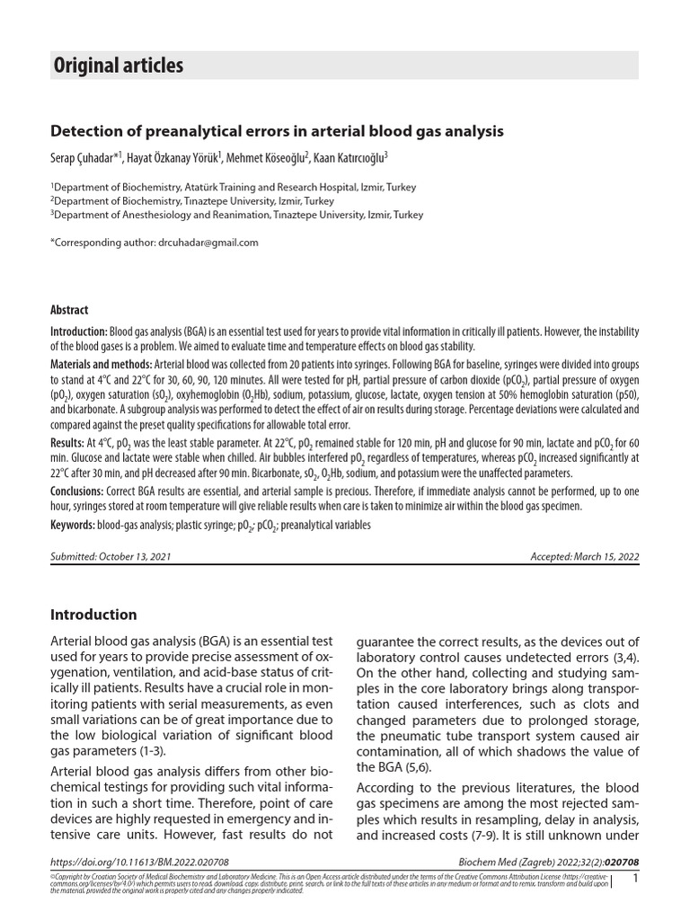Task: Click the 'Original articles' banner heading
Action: coord(119,66)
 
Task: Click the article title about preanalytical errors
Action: coord(277,131)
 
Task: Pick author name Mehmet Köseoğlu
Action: coord(267,158)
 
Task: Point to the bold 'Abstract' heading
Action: coord(69,310)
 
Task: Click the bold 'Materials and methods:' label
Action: coord(101,367)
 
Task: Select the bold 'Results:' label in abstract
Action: coord(66,443)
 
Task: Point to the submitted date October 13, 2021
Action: coord(111,557)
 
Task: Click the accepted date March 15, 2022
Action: coord(585,557)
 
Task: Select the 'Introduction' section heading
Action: coord(93,615)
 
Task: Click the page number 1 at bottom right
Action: coord(635,878)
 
